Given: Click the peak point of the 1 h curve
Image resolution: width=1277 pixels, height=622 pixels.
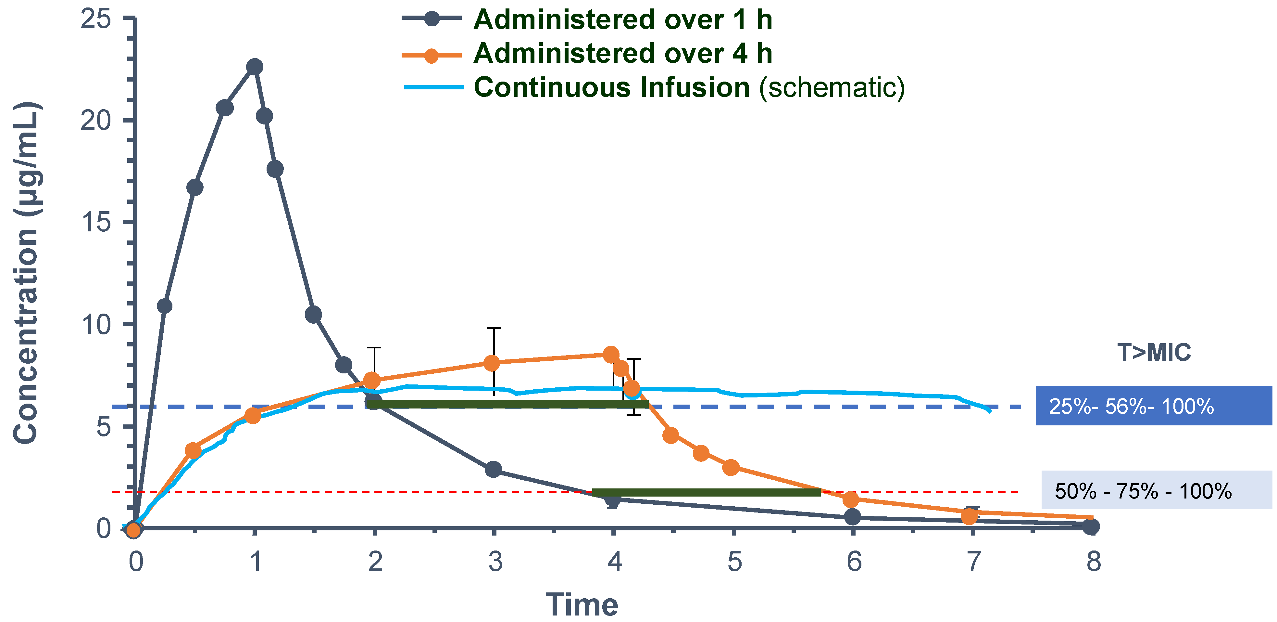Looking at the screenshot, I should (x=254, y=67).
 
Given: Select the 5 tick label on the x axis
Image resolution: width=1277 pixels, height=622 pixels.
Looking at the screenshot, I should (x=734, y=562).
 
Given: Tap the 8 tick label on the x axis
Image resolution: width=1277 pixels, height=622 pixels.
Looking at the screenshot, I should (x=1094, y=562).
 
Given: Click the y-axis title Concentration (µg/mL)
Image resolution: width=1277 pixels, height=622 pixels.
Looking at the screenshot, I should (x=26, y=273).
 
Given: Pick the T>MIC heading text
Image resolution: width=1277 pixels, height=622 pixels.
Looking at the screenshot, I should (x=1154, y=353).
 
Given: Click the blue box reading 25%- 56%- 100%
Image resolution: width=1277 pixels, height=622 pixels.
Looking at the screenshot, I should (x=1154, y=406).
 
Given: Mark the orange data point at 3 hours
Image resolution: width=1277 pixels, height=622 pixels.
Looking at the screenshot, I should (x=491, y=363).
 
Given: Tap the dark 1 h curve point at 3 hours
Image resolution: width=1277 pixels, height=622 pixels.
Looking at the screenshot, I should (x=493, y=469).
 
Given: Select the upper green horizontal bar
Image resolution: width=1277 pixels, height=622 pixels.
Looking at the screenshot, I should (x=507, y=405).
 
